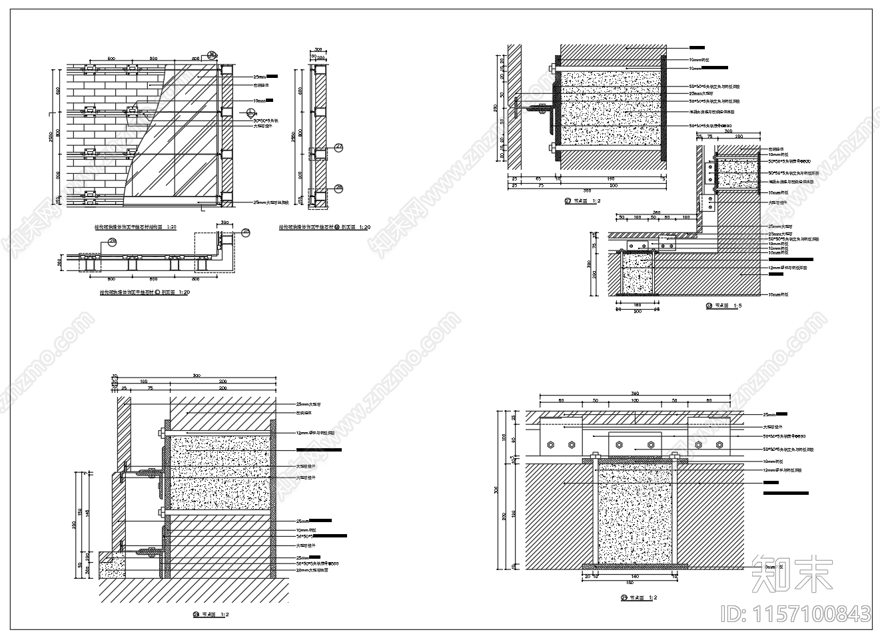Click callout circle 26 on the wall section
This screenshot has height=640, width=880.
[x=338, y=188]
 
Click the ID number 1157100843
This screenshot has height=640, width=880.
[x=795, y=613]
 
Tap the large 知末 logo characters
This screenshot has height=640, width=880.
[x=792, y=573]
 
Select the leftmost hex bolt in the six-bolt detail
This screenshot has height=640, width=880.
[x=550, y=445]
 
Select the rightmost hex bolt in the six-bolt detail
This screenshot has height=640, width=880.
[x=719, y=445]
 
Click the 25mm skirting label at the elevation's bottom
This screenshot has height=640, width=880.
[x=274, y=202]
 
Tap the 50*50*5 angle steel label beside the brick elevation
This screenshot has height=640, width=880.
[x=265, y=121]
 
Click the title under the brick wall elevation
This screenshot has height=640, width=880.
[x=135, y=227]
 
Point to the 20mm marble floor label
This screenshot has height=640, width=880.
[x=312, y=570]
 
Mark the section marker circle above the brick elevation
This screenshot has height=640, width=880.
[x=212, y=55]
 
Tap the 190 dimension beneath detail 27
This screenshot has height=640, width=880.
[x=610, y=179]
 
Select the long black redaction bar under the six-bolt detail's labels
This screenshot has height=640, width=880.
[x=785, y=493]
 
